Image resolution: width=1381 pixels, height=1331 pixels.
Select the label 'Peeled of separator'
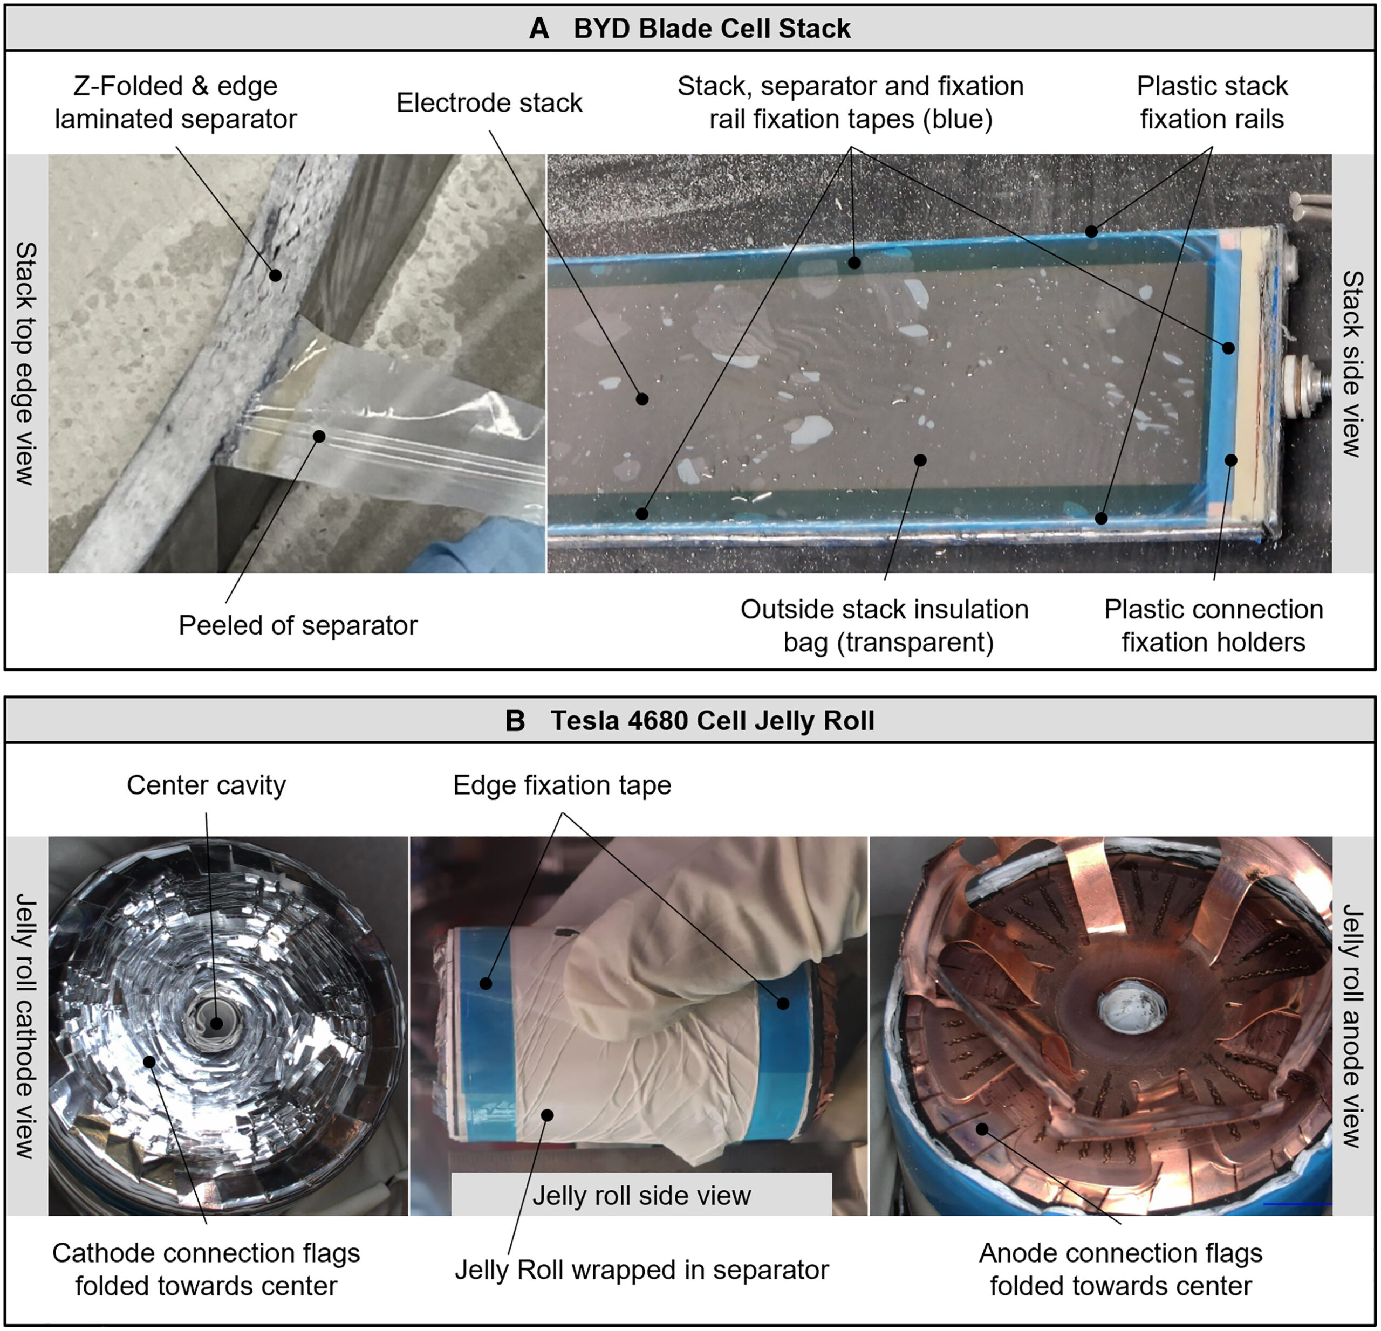tap(297, 625)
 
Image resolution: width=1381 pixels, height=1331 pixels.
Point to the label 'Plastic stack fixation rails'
tap(1212, 103)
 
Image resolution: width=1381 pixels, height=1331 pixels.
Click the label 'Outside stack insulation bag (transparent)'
tap(884, 626)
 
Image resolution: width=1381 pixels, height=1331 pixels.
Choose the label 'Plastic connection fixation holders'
tap(1213, 626)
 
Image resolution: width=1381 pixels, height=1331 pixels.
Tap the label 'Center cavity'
tap(207, 785)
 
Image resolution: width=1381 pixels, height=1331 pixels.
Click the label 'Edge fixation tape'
tap(562, 785)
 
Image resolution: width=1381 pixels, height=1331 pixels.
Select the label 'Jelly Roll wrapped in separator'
tap(641, 1270)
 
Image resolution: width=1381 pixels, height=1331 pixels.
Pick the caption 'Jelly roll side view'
tap(641, 1195)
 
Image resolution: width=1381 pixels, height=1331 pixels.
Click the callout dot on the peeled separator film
tap(319, 437)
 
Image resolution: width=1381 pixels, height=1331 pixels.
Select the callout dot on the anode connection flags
tap(981, 1129)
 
